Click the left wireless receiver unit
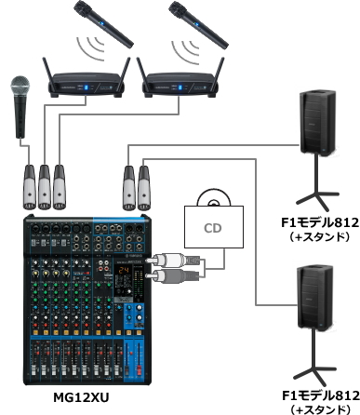(85, 83)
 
